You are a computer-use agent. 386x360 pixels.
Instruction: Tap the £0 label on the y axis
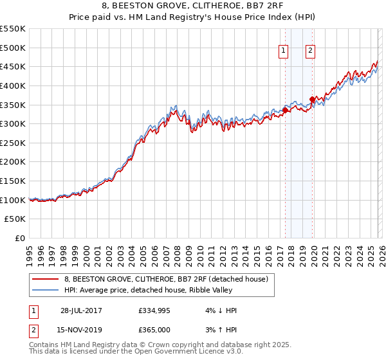pos(19,238)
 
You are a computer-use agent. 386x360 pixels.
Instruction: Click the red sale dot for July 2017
pos(285,110)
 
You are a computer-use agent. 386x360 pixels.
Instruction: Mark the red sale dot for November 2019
pos(312,99)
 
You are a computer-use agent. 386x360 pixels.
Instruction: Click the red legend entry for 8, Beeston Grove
pos(170,279)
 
